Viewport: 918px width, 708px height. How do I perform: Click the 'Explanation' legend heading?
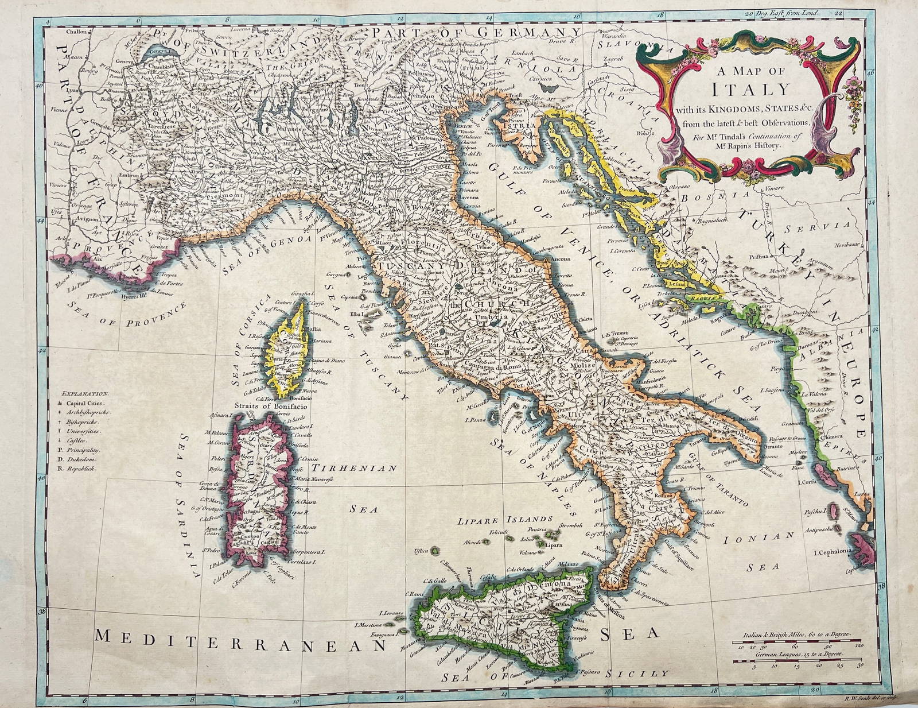[x=85, y=394]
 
